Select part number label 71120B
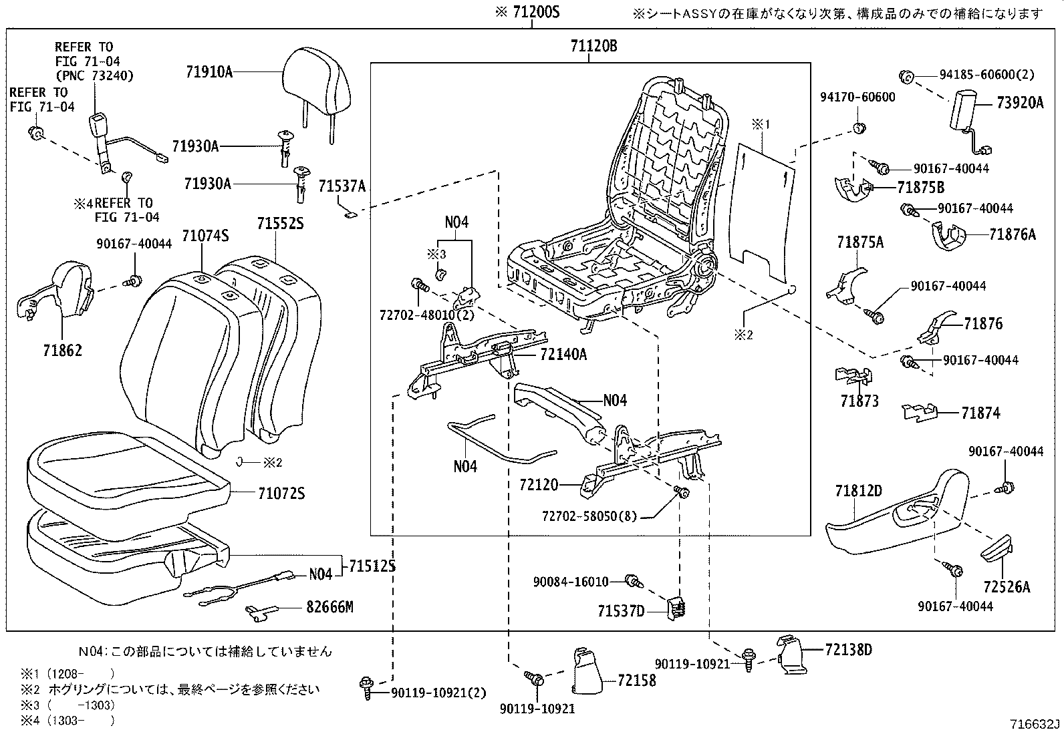pyautogui.click(x=593, y=46)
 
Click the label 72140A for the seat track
pyautogui.click(x=563, y=355)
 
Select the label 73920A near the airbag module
pyautogui.click(x=1019, y=103)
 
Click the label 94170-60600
pyautogui.click(x=857, y=98)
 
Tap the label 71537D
pyautogui.click(x=621, y=610)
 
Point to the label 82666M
pyautogui.click(x=329, y=607)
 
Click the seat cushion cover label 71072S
pyautogui.click(x=281, y=494)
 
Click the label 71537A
pyautogui.click(x=342, y=186)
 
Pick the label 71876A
pyautogui.click(x=1013, y=234)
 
